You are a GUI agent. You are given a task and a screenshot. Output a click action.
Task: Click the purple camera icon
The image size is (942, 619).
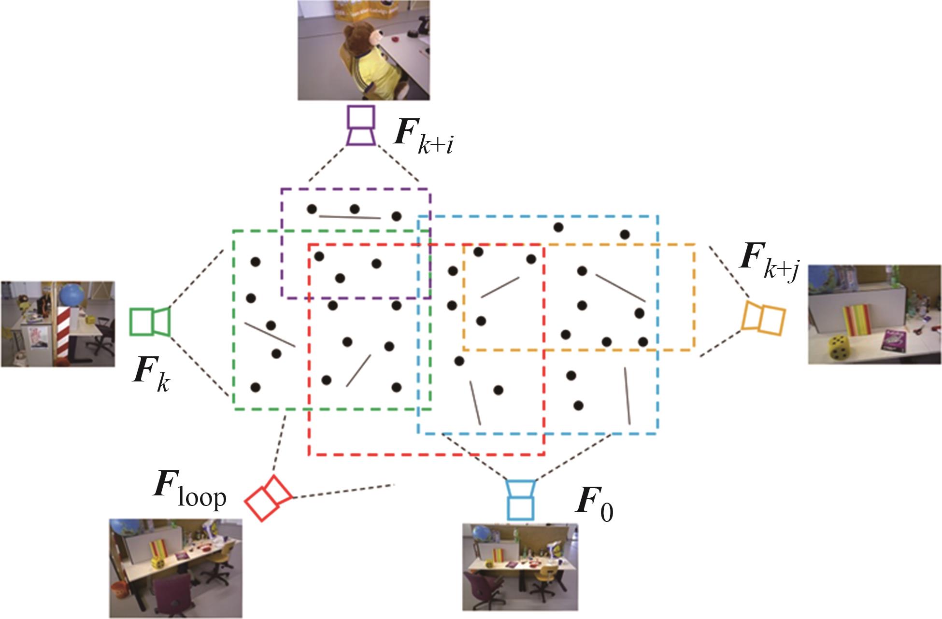[361, 125]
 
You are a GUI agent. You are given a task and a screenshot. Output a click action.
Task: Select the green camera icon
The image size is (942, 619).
[150, 321]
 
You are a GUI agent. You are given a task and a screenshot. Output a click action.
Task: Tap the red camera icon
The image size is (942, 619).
[267, 498]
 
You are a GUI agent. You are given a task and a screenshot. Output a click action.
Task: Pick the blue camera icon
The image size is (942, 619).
[520, 500]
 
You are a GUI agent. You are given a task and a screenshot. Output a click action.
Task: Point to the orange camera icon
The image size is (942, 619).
[763, 317]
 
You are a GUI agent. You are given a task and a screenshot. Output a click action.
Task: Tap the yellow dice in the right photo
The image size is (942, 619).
[839, 348]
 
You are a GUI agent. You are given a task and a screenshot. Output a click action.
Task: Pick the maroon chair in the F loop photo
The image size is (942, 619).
[172, 592]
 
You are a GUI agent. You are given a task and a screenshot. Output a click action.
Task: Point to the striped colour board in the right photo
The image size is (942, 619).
[856, 319]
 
